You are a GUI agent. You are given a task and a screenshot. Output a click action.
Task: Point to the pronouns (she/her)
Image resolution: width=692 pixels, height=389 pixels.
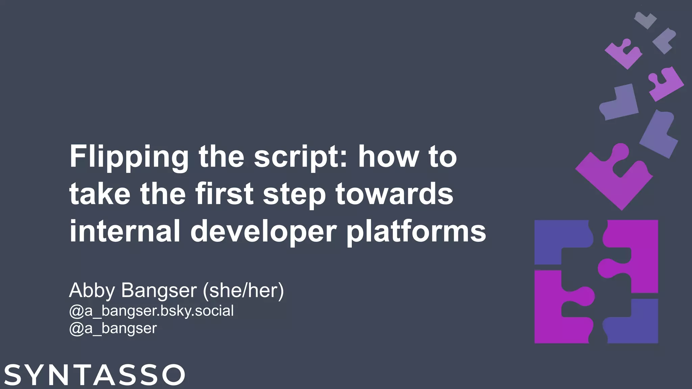(243, 290)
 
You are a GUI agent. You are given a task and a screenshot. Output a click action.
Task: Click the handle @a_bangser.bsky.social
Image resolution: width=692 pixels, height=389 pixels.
(151, 311)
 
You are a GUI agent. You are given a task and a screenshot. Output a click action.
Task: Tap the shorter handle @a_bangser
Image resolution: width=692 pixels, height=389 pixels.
(113, 328)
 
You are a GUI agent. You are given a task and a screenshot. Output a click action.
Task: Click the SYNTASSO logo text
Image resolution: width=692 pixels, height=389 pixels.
(95, 374)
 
